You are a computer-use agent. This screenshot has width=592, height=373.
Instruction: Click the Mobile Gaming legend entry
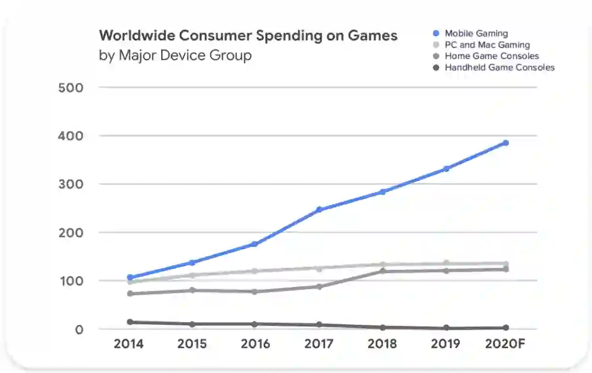coord(476,33)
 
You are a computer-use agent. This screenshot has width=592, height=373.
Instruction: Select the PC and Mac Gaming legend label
coord(487,45)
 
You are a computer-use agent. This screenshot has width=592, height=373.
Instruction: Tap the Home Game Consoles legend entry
coord(491,56)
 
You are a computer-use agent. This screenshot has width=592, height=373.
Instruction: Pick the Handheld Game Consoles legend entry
coord(499,67)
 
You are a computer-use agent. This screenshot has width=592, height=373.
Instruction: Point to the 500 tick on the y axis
coord(72,88)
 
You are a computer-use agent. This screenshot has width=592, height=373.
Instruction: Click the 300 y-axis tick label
coord(72,184)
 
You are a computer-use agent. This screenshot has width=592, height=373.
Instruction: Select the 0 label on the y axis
coord(80,329)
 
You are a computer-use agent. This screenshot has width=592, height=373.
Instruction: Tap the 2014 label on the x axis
coord(129,344)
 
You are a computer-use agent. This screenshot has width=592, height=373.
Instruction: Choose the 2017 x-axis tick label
coord(319,344)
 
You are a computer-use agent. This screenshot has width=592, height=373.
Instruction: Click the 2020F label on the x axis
coord(504,344)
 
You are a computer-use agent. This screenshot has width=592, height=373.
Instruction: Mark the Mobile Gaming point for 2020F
coord(505,143)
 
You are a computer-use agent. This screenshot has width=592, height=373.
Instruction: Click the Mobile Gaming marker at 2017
coord(319,210)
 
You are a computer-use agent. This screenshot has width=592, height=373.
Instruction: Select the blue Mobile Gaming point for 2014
coord(130,278)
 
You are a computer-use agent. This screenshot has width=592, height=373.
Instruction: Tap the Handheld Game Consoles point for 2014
coord(130,322)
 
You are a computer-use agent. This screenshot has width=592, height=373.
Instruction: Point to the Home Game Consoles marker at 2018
coord(383,271)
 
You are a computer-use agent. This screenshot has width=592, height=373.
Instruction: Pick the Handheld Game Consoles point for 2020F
coord(505,328)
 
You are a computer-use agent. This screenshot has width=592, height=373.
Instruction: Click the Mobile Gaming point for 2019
coord(447,169)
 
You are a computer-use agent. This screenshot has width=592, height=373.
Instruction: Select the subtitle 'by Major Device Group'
coord(175,55)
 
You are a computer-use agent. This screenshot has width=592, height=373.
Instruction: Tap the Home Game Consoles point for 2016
coord(255,291)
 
